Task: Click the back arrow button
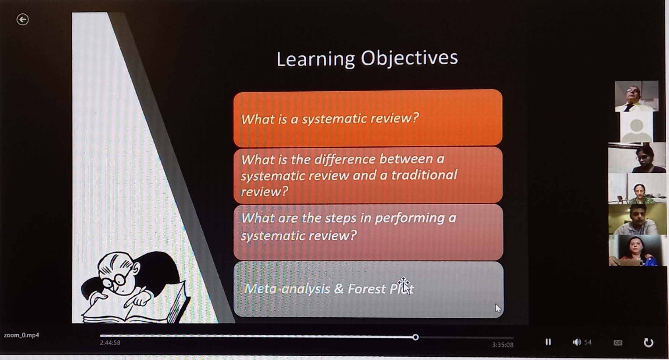coord(23,20)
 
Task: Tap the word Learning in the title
coord(316,59)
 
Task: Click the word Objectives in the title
coord(409,58)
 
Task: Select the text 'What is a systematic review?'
coord(330,119)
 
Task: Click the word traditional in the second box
coord(424,175)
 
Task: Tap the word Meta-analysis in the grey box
coord(287,288)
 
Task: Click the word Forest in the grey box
coord(367,289)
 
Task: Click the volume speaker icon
coord(577,342)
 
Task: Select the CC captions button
coord(618,343)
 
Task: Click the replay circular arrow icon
coord(648,343)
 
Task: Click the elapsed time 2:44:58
coord(110,343)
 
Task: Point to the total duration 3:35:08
coord(503,345)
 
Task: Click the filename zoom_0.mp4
coord(21,335)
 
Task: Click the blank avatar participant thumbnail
coord(637,127)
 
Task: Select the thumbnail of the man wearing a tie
coord(637,96)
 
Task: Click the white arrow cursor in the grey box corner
coord(498,308)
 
